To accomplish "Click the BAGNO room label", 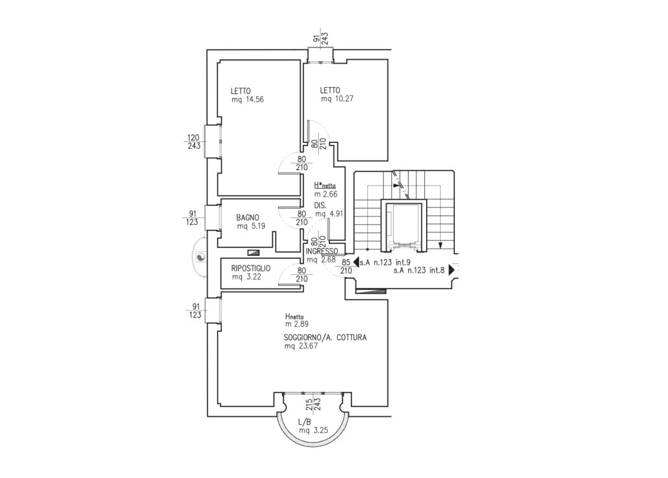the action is [x=248, y=218].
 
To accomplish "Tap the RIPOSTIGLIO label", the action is [x=251, y=268].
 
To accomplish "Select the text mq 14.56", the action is [x=248, y=100].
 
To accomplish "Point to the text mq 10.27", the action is [x=337, y=99].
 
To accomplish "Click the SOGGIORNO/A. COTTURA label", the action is [x=325, y=338].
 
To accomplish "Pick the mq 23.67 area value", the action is [x=301, y=346].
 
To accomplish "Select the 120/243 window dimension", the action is [x=194, y=142].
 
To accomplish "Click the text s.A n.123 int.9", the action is [x=385, y=263].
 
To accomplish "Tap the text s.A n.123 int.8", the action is [x=419, y=270].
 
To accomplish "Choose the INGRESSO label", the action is [x=322, y=251].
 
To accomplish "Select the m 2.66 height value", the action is [x=326, y=194].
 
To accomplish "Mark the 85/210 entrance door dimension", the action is [x=346, y=266].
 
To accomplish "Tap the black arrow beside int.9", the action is [x=356, y=262].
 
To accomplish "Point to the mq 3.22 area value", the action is [x=246, y=277].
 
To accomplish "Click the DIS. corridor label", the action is [x=320, y=206].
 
